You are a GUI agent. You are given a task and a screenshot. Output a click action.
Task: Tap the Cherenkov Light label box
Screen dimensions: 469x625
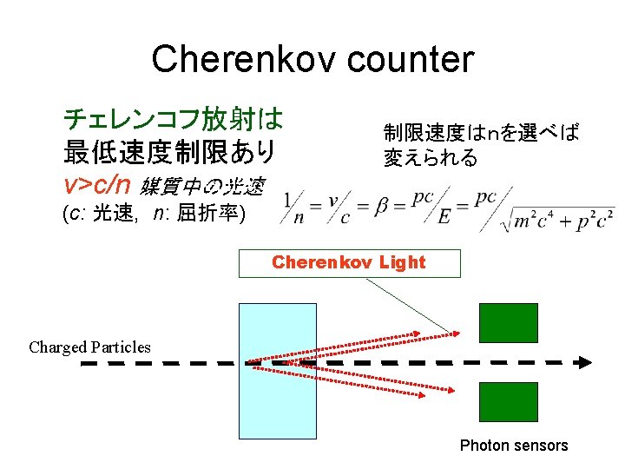pos(349,262)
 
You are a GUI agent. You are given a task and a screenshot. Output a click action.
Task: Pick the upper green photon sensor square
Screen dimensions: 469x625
pos(509,322)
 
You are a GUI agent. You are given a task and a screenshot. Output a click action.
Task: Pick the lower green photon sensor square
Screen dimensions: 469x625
pos(509,402)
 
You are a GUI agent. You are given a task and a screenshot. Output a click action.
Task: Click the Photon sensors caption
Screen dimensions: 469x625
pos(514,446)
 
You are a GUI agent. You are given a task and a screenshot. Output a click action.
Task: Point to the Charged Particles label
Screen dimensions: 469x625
pos(89,347)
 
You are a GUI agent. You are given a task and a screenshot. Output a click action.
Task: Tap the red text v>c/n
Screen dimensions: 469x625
pos(96,183)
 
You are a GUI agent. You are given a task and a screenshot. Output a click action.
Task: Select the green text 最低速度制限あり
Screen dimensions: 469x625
pos(170,151)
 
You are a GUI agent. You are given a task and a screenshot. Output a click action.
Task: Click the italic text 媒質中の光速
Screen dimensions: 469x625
pos(202,185)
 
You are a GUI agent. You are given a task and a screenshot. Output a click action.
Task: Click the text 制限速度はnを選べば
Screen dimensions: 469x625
pos(481,133)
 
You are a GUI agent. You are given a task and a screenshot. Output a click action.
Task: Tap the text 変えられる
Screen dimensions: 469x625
pos(431,158)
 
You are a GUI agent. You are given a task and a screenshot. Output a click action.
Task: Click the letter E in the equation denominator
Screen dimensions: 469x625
pos(444,217)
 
